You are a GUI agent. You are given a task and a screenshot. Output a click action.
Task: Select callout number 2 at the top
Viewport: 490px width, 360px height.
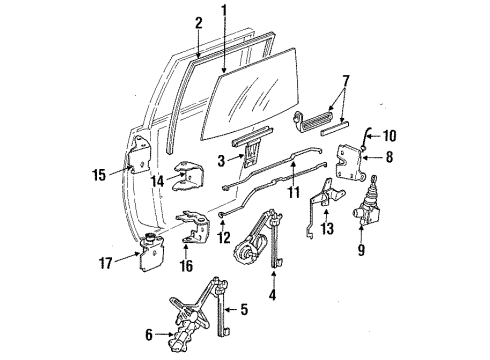tap(198, 21)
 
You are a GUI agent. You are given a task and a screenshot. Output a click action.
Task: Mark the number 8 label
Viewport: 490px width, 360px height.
tap(386, 156)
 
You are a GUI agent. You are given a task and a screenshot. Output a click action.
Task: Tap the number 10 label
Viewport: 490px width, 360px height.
tap(391, 133)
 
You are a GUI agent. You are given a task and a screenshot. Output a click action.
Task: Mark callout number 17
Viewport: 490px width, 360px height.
tap(117, 265)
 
